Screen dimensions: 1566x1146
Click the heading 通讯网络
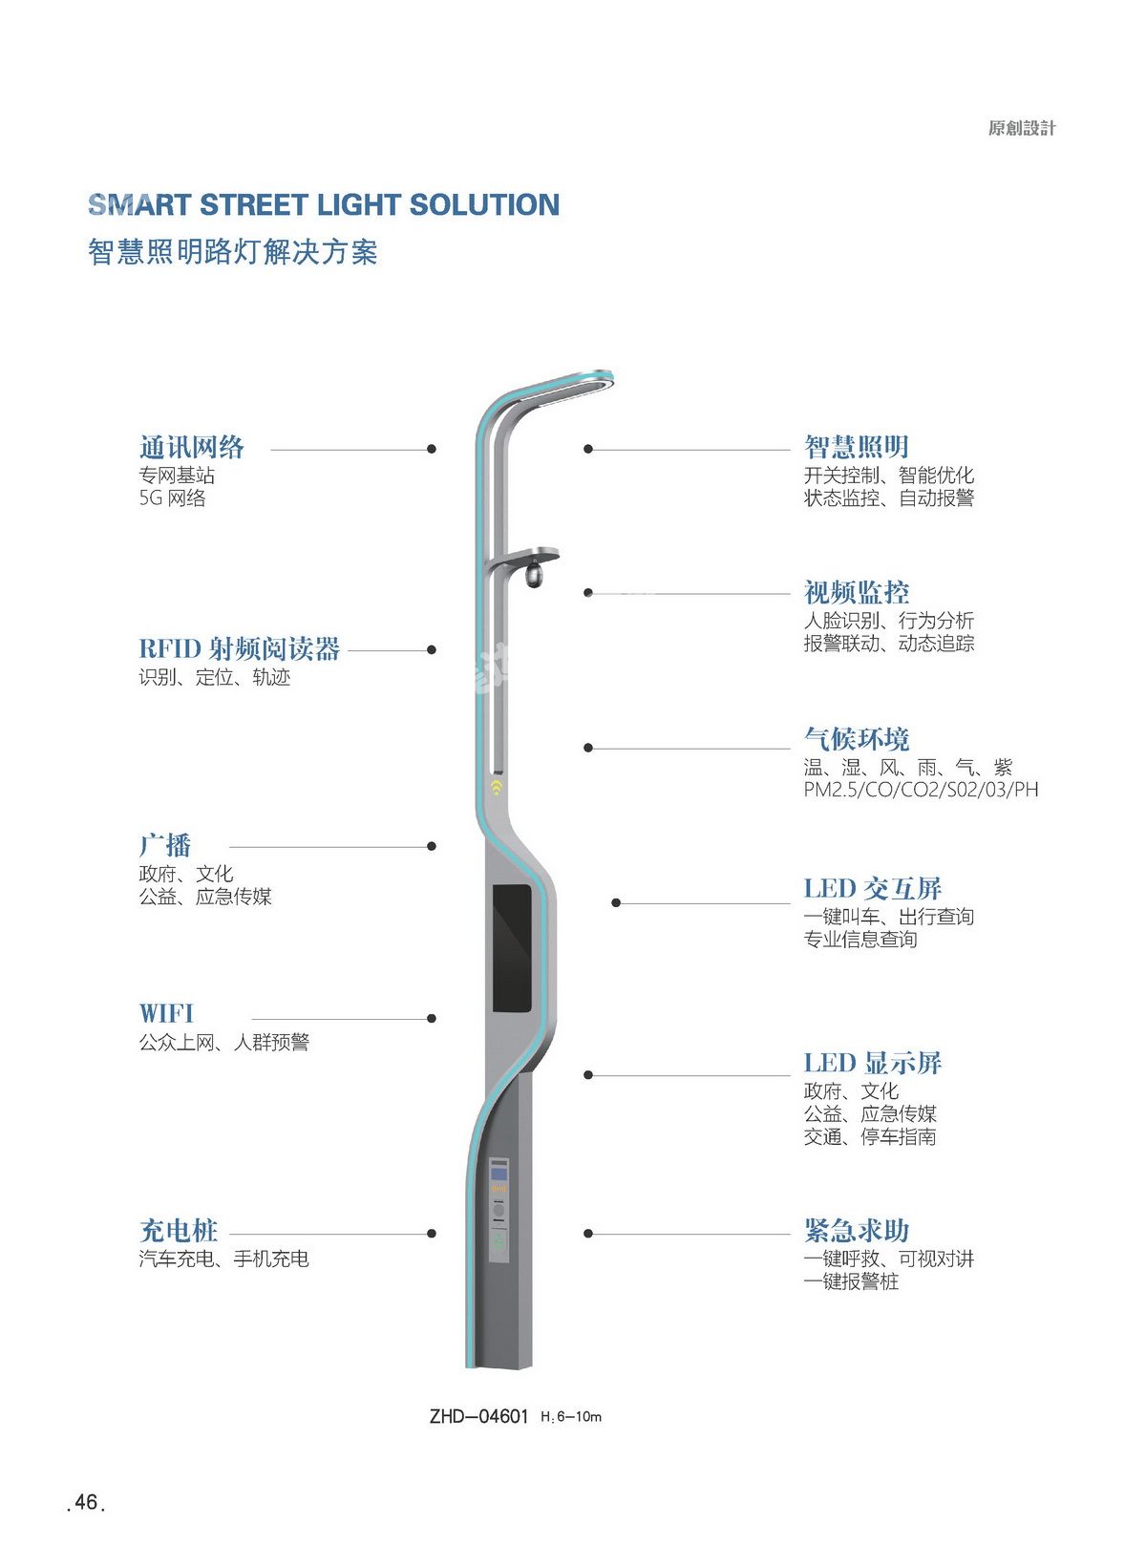[191, 447]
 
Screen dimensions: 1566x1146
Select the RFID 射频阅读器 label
[239, 649]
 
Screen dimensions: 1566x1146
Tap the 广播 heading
[165, 845]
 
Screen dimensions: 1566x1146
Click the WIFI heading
[166, 1013]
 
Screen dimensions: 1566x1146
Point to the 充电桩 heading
[179, 1230]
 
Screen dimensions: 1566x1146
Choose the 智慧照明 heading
[856, 447]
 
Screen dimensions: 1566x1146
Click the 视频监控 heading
[856, 592]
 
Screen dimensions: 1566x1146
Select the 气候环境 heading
[856, 739]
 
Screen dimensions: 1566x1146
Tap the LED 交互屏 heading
[872, 889]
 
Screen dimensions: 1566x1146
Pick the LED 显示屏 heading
[872, 1063]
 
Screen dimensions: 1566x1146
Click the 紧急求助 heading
[856, 1230]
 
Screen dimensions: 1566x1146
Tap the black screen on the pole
[512, 947]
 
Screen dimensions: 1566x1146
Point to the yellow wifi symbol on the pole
[497, 789]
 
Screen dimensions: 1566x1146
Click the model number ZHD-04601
[478, 1416]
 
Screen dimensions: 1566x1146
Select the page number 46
[87, 1502]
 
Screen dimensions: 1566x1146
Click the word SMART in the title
[139, 205]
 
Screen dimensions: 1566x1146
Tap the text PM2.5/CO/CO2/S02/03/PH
[921, 791]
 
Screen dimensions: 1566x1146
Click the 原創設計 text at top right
[1022, 129]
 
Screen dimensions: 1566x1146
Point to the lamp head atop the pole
[573, 386]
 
